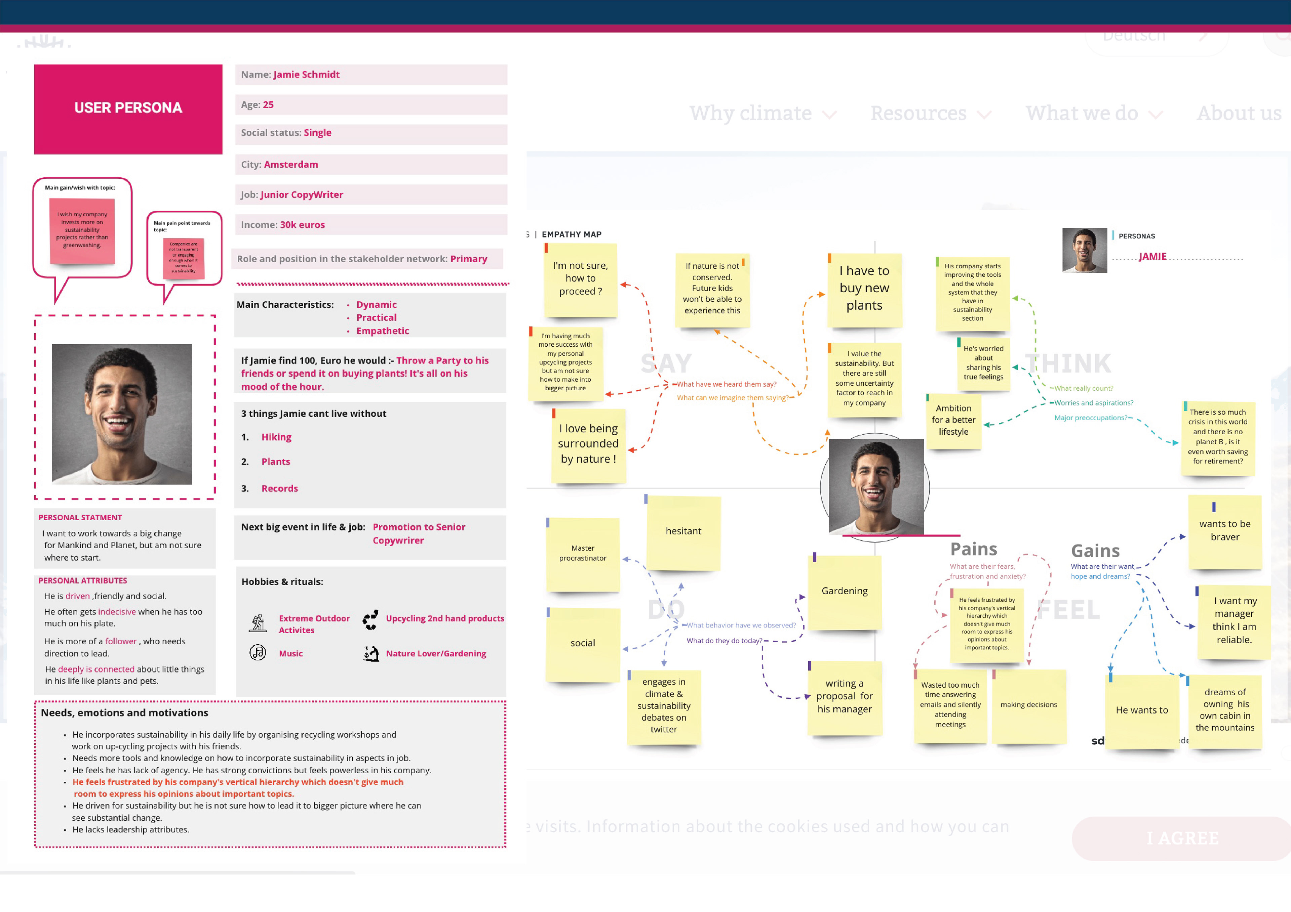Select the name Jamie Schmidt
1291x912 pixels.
[x=306, y=75]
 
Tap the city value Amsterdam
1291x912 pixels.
[x=291, y=165]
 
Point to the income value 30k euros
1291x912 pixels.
[x=303, y=225]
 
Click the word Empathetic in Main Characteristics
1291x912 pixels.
[x=382, y=331]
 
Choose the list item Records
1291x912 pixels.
[x=279, y=488]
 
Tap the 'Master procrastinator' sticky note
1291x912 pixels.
[x=583, y=554]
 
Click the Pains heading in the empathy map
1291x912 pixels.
[x=973, y=549]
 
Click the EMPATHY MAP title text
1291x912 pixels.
[x=571, y=234]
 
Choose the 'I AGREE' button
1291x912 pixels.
[x=1182, y=838]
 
